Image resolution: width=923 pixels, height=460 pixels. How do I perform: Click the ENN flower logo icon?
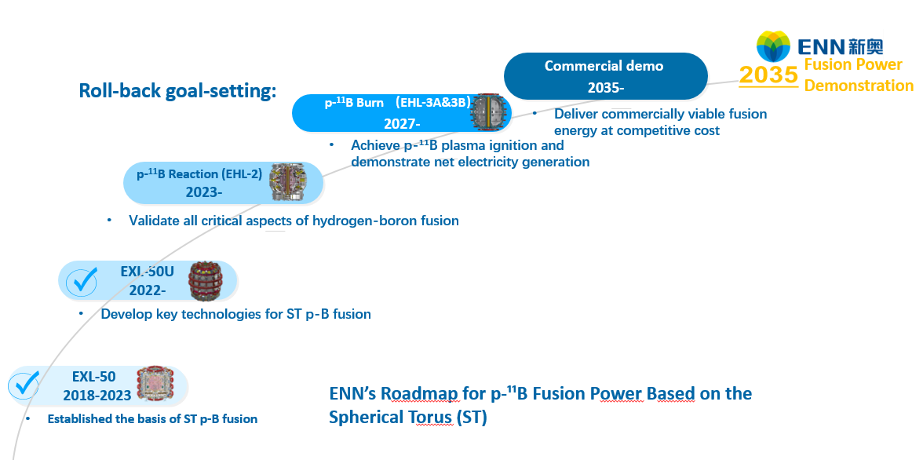click(774, 46)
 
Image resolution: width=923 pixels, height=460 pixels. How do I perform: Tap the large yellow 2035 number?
click(768, 75)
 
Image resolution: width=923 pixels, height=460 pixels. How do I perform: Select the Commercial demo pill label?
click(606, 76)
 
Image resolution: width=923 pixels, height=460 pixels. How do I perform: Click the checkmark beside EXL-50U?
click(82, 281)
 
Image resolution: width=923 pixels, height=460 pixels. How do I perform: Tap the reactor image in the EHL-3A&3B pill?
click(489, 110)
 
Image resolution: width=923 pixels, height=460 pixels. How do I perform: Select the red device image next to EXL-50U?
click(206, 279)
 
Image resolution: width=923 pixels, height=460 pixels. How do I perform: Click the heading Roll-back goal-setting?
click(177, 91)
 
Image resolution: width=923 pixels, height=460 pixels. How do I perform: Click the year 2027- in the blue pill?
click(402, 124)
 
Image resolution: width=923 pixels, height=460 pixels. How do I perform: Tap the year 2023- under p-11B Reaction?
click(204, 192)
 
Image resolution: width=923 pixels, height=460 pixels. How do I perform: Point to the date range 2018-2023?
click(97, 395)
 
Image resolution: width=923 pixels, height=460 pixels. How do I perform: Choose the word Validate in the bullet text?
click(154, 221)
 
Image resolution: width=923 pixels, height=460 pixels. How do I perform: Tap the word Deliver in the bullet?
click(575, 114)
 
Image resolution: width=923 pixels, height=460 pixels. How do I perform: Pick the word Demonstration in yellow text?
click(859, 86)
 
